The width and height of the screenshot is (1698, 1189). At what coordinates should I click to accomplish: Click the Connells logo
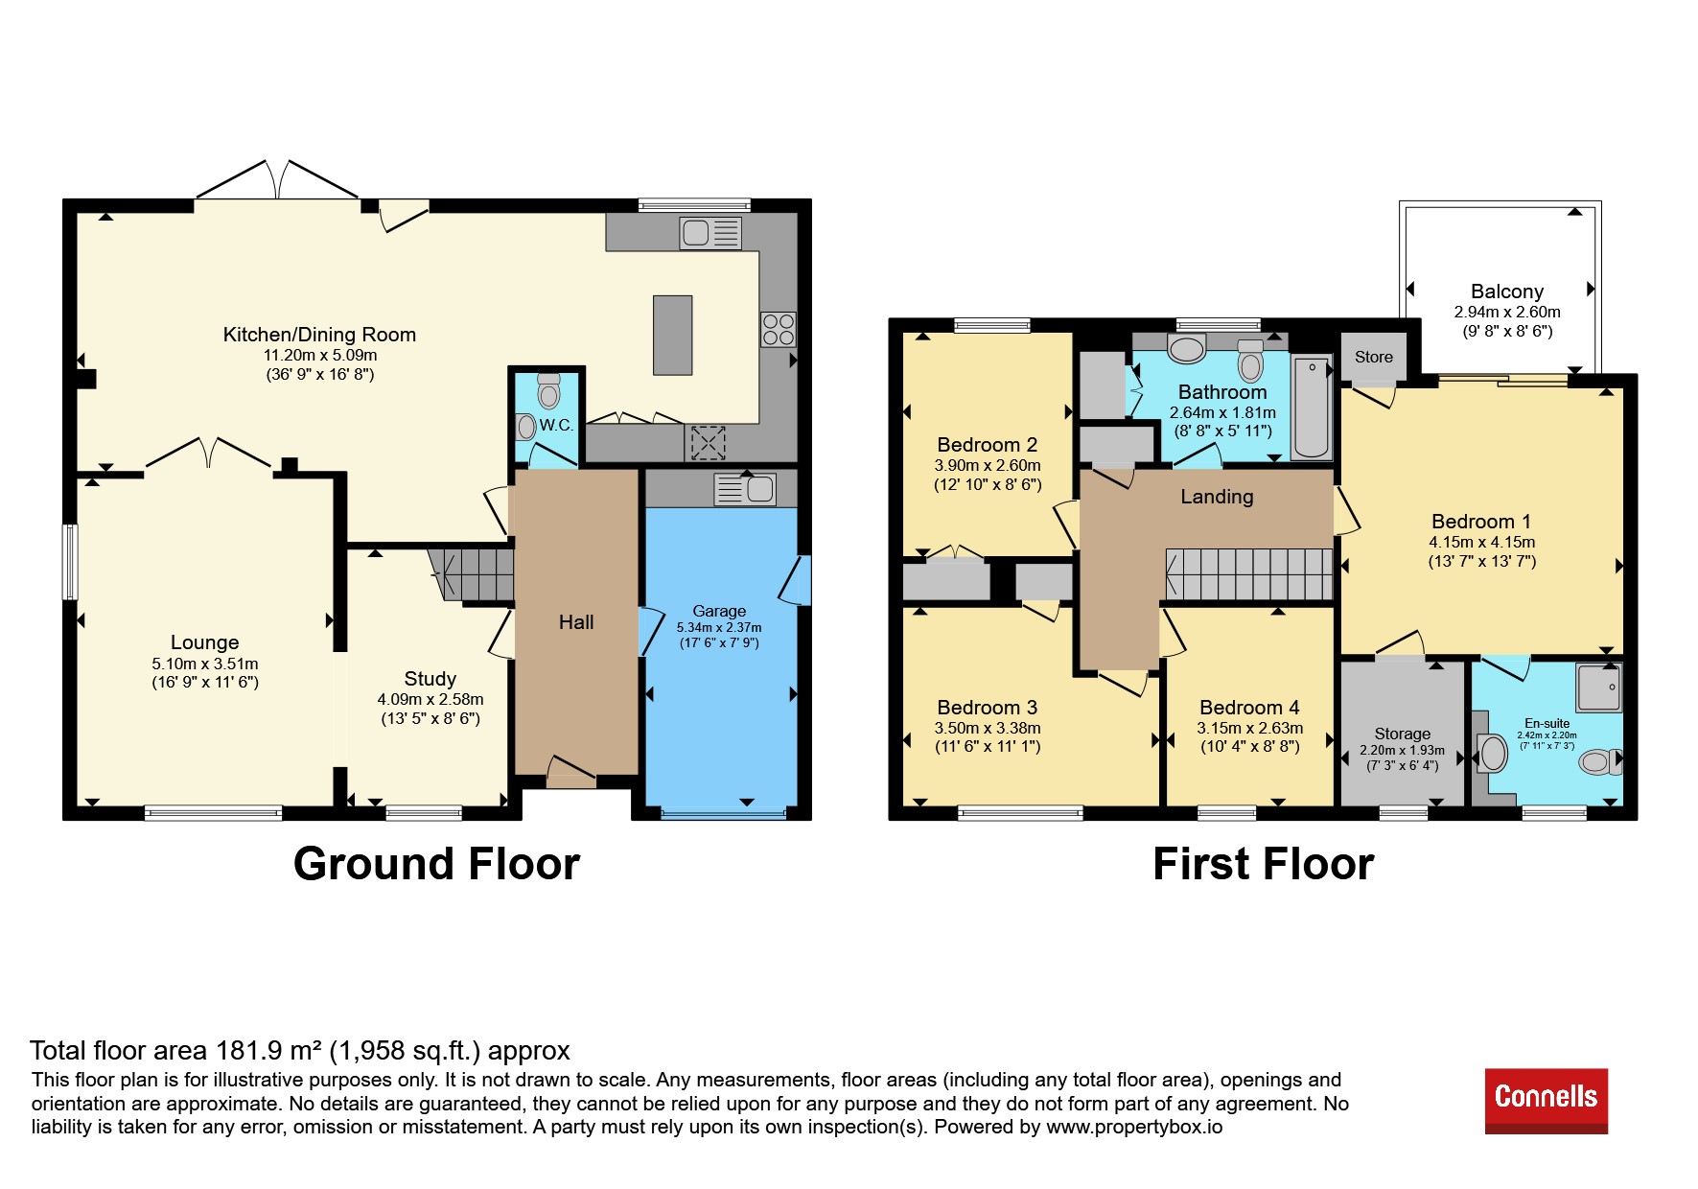(1546, 1100)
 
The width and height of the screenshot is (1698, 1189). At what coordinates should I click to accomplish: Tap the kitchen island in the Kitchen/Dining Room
(672, 335)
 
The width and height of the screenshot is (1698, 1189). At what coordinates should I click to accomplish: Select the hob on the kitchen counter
(778, 329)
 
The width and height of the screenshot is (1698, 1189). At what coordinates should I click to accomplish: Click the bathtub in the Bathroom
(1312, 407)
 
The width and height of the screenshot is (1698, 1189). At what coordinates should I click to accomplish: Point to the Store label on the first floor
(1373, 357)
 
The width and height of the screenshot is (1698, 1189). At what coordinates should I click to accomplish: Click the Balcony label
(1507, 291)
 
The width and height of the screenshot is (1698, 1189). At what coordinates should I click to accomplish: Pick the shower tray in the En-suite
(1598, 688)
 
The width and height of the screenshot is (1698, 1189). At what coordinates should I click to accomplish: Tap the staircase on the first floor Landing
(1249, 574)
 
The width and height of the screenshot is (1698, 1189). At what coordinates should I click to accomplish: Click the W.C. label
(556, 425)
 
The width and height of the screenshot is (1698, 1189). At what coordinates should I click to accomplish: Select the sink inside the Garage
(745, 489)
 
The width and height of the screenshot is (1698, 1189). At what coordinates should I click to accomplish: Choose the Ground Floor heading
(436, 864)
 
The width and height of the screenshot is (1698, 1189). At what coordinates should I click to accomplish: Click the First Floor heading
(1263, 864)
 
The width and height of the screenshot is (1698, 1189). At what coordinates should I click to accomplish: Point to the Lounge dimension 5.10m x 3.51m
(205, 664)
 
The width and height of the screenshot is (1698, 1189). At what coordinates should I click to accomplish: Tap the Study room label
(430, 679)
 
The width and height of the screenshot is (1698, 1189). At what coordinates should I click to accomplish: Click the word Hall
(576, 622)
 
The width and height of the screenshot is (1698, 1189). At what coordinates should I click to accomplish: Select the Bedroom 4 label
(1249, 708)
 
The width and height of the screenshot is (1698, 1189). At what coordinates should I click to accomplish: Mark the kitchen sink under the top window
(710, 233)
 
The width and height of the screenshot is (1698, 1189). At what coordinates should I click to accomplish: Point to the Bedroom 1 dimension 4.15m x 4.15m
(1482, 542)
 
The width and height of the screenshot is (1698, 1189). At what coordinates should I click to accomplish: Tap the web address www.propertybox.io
(1134, 1127)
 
